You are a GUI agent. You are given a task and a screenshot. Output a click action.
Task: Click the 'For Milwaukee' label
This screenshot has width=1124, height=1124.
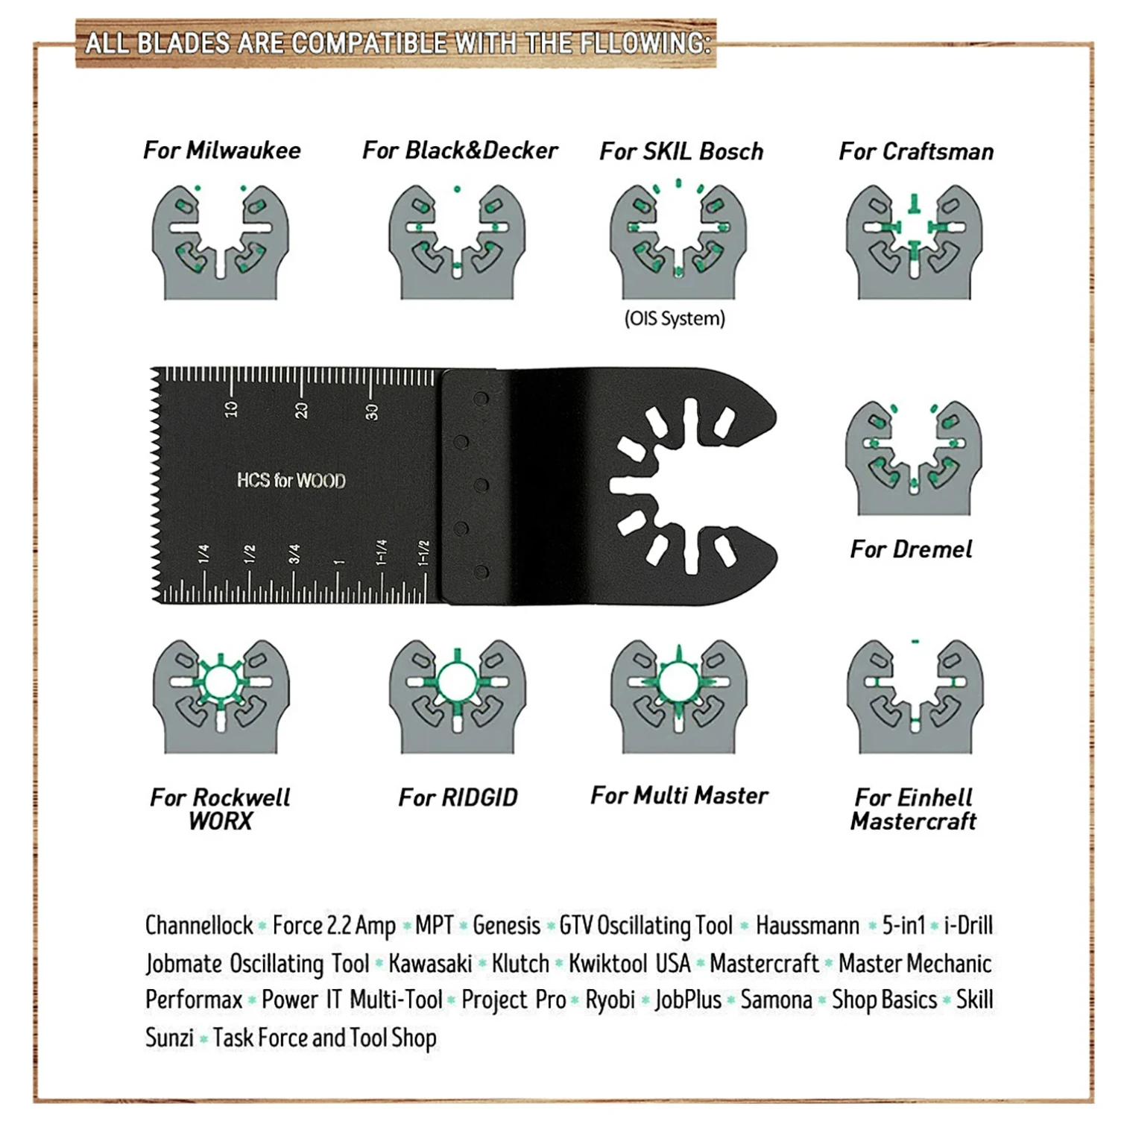222,151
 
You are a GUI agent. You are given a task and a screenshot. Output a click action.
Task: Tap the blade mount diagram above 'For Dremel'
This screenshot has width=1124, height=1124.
914,458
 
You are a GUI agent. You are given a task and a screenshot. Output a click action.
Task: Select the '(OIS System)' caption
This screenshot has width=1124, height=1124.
675,319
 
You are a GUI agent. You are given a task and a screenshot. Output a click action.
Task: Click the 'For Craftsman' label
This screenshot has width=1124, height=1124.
916,152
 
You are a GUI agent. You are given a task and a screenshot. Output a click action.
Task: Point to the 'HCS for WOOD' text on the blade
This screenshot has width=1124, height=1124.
291,481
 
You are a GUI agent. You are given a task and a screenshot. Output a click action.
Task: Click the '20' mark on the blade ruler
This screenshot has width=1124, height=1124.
301,410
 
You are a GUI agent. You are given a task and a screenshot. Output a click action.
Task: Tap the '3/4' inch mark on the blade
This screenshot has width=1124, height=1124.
294,553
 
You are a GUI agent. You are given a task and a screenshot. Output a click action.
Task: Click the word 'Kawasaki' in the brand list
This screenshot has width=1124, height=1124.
430,963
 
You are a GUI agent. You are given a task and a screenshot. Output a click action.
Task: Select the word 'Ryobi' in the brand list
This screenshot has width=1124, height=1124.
610,1000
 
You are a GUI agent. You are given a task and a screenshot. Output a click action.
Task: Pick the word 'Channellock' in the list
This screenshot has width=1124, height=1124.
199,926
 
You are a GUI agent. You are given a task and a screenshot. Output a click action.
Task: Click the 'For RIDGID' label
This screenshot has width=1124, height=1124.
458,798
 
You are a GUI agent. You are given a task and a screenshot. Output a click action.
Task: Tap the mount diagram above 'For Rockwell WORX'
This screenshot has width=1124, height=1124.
221,695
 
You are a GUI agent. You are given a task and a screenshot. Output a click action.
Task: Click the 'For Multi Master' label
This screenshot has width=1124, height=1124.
679,796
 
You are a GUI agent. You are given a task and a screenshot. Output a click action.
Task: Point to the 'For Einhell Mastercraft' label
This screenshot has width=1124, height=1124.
913,809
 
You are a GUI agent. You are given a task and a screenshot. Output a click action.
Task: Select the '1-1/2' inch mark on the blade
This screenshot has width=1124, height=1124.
423,553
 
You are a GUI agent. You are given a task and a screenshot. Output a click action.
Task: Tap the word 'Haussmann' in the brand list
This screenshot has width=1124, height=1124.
807,926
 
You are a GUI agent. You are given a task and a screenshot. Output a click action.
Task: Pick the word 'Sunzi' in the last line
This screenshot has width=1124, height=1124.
169,1038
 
